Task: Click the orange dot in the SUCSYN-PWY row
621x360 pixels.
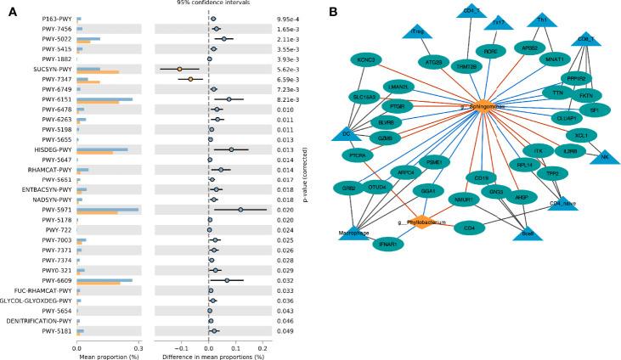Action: (179, 68)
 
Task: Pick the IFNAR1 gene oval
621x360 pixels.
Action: (388, 244)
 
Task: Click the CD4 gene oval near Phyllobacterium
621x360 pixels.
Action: (470, 228)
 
